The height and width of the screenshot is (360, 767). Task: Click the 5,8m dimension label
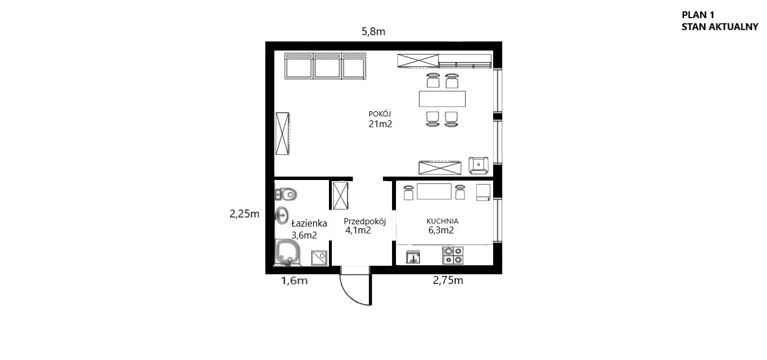point(373,32)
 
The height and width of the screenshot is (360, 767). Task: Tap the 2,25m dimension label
point(244,214)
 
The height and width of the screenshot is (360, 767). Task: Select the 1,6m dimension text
point(294,281)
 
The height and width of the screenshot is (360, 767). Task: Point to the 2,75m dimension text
point(448,281)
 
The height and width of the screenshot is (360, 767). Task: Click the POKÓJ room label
point(380,114)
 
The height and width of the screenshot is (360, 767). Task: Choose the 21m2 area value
point(381,124)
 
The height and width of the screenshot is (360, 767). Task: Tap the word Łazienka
point(309,224)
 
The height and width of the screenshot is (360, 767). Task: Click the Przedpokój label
point(365,221)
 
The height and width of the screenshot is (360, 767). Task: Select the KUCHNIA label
point(443,221)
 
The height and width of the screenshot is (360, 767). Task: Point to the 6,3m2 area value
point(441,231)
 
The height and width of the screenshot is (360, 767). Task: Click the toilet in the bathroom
point(286,194)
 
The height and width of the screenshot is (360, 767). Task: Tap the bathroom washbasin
point(282,215)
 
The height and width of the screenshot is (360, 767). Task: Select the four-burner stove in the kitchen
point(453,256)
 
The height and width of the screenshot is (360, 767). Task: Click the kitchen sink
point(413,257)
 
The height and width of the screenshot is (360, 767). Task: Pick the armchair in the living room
point(478,166)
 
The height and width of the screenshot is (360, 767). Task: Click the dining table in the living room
point(443,99)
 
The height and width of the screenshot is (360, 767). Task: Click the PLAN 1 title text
point(698,15)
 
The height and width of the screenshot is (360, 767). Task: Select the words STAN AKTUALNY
point(720,27)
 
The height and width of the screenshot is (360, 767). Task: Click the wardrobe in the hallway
point(341,196)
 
